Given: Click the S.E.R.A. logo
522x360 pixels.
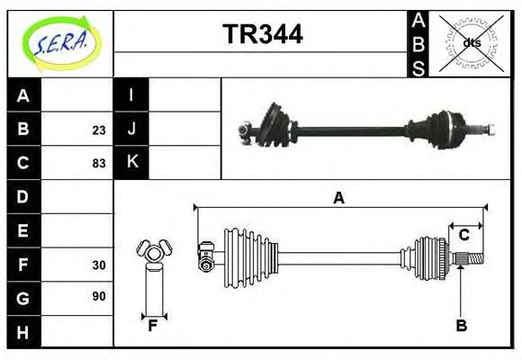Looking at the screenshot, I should tap(59, 42).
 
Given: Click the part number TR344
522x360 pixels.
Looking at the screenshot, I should tap(262, 34).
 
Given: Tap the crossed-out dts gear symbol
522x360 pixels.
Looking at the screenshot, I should tap(471, 42).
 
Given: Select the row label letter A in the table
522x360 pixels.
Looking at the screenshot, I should tap(23, 95).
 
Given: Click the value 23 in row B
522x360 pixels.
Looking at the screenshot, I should tap(98, 130).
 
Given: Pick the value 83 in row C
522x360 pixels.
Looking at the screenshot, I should tap(98, 164).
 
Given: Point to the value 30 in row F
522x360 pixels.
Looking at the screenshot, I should tap(98, 265).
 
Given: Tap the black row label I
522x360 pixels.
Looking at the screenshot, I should tap(131, 95).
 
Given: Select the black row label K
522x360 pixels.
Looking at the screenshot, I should tap(131, 163).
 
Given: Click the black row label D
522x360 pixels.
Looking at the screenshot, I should tap(23, 196).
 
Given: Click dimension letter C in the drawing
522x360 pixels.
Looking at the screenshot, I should tap(463, 236).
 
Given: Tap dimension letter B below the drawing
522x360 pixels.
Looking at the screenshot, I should tap(462, 326).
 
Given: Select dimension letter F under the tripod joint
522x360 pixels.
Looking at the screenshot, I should tap(152, 326).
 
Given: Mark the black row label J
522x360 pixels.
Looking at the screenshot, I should tap(131, 130).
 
